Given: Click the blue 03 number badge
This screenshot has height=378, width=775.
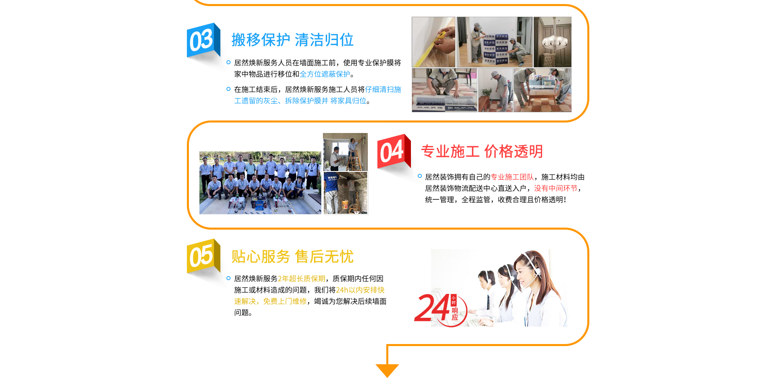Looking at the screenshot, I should point(201,40).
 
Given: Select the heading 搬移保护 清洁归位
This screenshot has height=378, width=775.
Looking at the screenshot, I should point(292,40).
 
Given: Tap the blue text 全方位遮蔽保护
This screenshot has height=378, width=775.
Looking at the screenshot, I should point(325,74).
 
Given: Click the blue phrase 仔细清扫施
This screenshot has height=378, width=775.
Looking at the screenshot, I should point(383,89).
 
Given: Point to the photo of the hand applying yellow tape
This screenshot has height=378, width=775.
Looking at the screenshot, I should point(434,42).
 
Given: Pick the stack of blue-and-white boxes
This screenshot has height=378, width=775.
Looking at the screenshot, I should point(495,49).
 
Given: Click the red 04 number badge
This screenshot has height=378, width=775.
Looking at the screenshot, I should point(392,151).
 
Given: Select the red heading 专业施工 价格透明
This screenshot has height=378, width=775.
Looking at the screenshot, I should point(481,152).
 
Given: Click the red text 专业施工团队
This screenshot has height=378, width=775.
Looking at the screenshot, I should point(512,177).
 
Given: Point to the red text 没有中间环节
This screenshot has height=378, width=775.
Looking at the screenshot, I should point(555,188).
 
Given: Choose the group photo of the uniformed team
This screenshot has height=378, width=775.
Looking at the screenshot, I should point(260,183).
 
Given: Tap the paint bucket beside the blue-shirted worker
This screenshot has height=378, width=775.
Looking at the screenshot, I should point(345,205).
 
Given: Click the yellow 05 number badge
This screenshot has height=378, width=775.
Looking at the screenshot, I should point(201,256).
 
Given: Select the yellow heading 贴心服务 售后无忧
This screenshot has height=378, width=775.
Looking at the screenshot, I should point(292,257).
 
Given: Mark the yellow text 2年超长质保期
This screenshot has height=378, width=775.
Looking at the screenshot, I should point(301,279).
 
